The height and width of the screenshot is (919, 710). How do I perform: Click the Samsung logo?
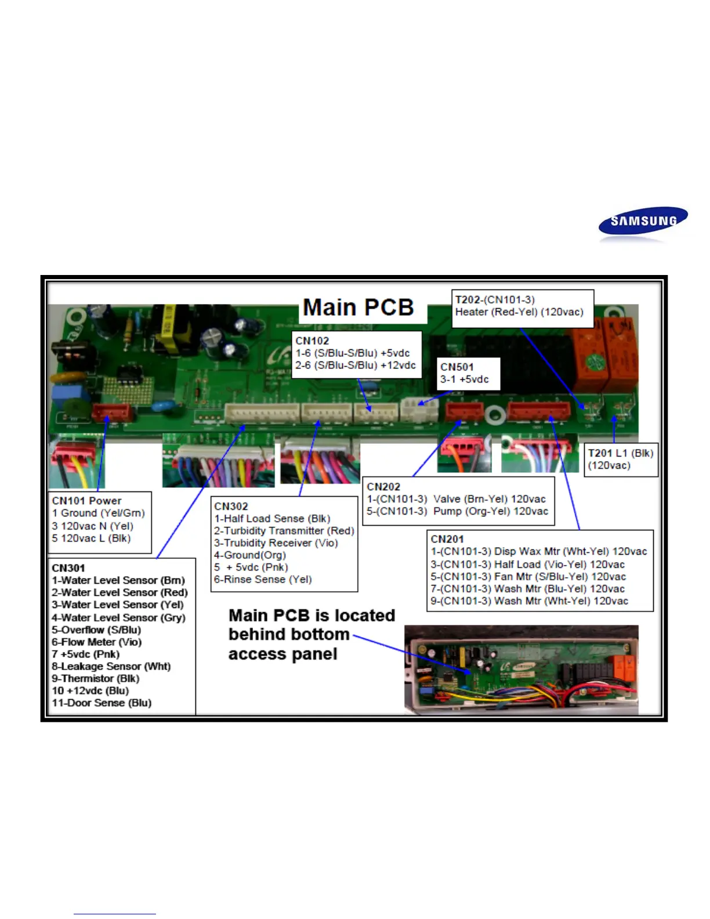tap(643, 221)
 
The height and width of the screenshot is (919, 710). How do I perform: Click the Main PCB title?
tap(358, 307)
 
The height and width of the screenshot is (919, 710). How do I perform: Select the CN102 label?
tap(312, 341)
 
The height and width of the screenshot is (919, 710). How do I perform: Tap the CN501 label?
tap(457, 367)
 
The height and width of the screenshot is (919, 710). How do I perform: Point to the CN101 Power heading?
tap(86, 501)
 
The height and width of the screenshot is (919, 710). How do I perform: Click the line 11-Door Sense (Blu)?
tap(102, 703)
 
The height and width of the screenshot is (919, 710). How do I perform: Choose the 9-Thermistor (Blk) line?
tap(95, 678)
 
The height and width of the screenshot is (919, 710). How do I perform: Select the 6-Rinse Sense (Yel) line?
tap(263, 579)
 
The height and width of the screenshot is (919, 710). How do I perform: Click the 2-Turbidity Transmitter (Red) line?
tap(284, 530)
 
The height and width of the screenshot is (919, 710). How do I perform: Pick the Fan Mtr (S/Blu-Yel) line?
tap(528, 577)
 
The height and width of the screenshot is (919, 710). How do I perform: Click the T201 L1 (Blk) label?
tap(620, 453)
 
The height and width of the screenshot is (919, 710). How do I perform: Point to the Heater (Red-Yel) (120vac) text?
tap(519, 312)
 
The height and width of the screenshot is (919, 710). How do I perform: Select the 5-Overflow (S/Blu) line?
tap(96, 629)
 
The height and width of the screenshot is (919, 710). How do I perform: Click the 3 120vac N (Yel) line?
tap(93, 526)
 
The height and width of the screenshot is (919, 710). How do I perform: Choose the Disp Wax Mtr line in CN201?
tap(538, 551)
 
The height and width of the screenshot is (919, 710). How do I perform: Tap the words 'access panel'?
tap(282, 654)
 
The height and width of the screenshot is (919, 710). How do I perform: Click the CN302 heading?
tap(231, 506)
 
